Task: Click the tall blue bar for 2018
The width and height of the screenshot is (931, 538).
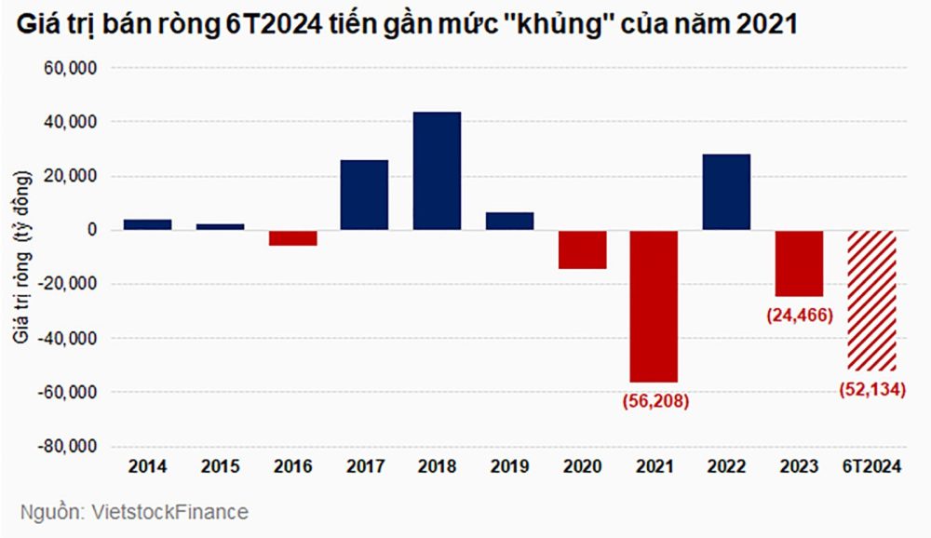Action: coord(437,171)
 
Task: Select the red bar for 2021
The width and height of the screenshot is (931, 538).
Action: coord(654,306)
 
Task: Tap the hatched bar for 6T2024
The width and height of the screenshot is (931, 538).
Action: coord(872,300)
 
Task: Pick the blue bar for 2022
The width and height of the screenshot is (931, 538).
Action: coord(727,192)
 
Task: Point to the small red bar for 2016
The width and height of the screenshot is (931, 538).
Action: coord(291,238)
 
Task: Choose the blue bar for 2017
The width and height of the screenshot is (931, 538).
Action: coord(364,195)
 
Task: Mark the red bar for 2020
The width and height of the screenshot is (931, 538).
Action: coord(582,249)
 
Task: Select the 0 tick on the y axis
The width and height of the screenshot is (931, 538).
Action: coord(91,231)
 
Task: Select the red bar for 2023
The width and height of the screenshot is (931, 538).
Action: coord(800,263)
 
